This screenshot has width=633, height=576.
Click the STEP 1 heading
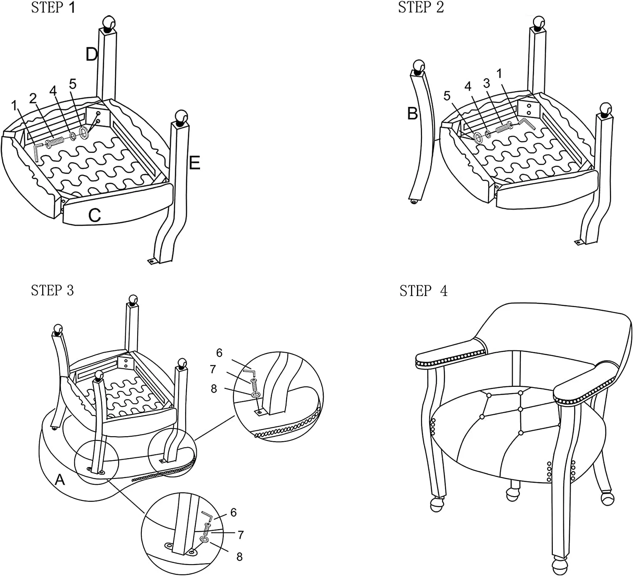pos(53,8)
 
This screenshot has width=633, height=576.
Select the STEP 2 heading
pos(421,8)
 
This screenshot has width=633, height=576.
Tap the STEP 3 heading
pos(52,291)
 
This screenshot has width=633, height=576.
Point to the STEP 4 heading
pos(423,291)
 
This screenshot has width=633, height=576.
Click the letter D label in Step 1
pos(92,54)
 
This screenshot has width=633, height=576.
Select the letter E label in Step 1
pos(194,163)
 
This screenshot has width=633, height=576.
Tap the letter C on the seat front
pos(95,215)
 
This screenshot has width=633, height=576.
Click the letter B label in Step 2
pos(412,113)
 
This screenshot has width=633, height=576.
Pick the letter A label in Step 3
pos(60,480)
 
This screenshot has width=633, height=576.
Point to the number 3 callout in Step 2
pos(487,83)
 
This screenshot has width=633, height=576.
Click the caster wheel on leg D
pos(108,22)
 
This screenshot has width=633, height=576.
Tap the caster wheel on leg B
pos(418,65)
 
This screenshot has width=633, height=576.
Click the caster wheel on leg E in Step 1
pos(181,116)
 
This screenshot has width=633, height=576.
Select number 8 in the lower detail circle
pos(239,557)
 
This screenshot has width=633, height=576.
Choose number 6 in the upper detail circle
pos(219,353)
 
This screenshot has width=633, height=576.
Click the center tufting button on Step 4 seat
pos(520,409)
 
